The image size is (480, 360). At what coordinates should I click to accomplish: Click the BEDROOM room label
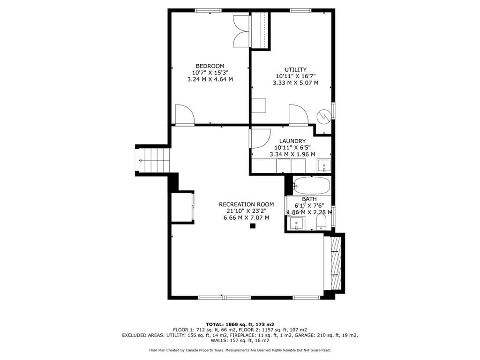coord(210,66)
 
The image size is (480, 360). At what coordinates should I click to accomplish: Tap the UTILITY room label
coord(295,69)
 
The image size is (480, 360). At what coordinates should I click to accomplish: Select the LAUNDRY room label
coord(292,141)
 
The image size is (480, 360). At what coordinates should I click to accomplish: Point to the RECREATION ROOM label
coord(247,204)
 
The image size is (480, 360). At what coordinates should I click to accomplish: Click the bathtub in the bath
coord(311,186)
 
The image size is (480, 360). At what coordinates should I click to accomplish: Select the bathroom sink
coord(296,223)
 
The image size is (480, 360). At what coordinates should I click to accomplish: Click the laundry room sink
coord(324,165)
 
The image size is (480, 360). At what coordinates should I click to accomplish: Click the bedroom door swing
coord(185,114)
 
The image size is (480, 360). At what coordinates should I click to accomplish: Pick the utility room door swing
coord(299,114)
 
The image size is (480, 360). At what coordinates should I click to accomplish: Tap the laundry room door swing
coord(260,139)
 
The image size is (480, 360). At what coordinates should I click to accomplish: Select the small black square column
coord(253,226)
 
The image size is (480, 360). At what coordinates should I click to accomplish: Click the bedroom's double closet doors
coord(241,31)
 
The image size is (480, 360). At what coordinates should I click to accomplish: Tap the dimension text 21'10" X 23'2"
coord(247,211)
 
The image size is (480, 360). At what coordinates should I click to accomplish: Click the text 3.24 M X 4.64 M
coord(210,79)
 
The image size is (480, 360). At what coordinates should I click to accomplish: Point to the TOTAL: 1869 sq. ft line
coord(240,324)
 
